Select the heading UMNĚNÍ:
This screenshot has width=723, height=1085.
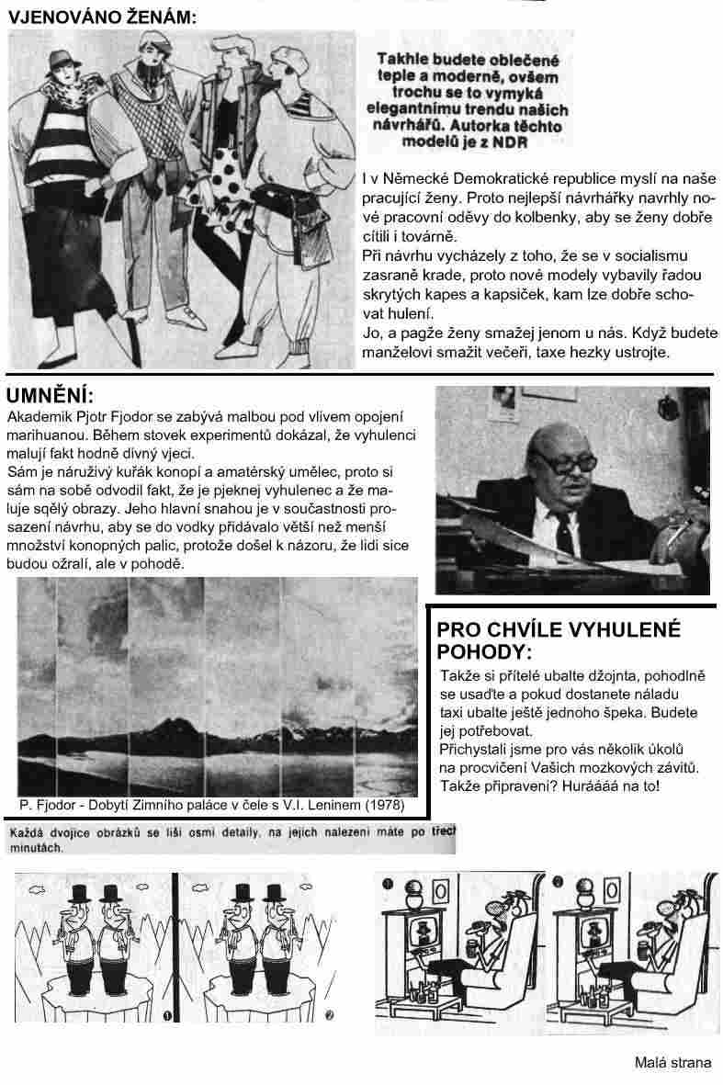[x=50, y=396]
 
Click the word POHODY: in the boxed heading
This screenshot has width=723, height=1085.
[x=484, y=652]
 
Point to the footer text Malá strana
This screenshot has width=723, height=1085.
[x=672, y=1063]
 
